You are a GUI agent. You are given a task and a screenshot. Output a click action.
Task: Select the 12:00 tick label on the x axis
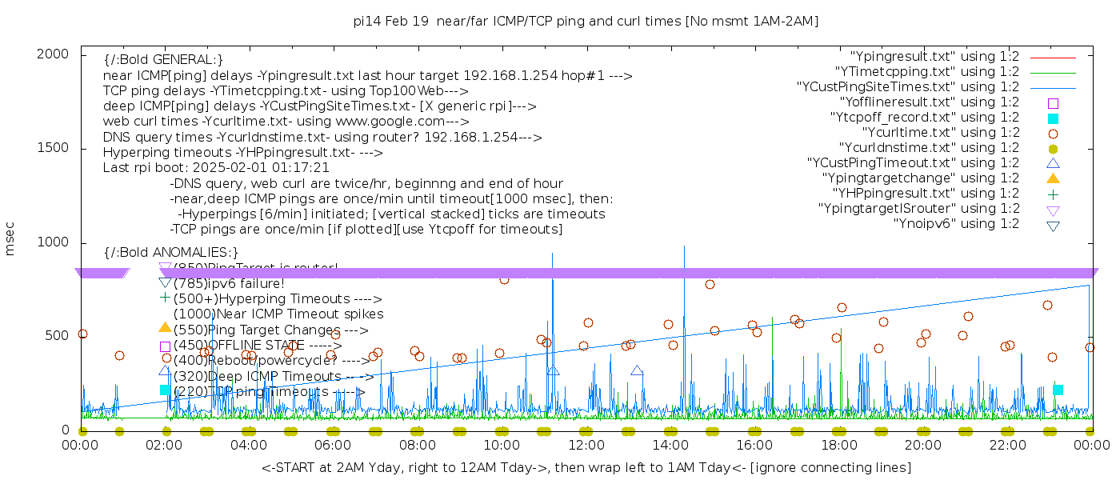click(586, 445)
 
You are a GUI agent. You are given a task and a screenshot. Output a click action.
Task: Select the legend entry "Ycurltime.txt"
click(940, 133)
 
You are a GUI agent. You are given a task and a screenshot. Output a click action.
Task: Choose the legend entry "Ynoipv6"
click(956, 224)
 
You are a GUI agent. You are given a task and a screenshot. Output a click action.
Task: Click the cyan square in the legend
click(1053, 118)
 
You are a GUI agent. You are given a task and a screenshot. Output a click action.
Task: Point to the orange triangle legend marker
click(1053, 178)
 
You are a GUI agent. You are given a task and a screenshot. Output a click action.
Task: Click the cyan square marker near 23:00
click(1058, 390)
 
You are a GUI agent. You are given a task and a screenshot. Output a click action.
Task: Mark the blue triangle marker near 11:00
click(553, 371)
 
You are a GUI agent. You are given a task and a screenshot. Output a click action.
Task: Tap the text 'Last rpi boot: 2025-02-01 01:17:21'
click(216, 168)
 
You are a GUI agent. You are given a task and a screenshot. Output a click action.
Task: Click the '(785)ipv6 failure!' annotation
click(229, 283)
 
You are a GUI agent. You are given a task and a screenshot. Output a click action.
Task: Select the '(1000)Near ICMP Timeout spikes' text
click(278, 314)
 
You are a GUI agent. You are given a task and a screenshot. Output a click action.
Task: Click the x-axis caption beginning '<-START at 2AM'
click(586, 467)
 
